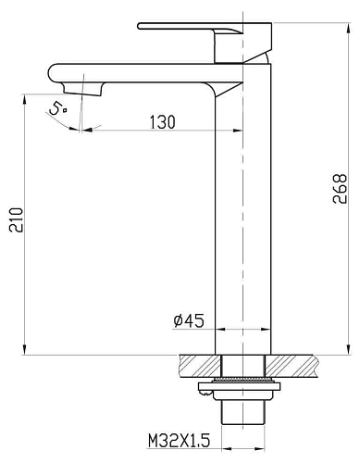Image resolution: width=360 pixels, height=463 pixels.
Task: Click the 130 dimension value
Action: pyautogui.click(x=163, y=121)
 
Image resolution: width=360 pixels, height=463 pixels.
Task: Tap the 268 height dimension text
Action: pyautogui.click(x=340, y=188)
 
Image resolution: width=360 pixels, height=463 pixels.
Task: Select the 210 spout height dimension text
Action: pyautogui.click(x=16, y=220)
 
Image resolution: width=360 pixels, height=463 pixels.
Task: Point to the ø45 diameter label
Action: pyautogui.click(x=189, y=320)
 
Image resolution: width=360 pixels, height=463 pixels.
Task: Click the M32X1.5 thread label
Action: pyautogui.click(x=179, y=441)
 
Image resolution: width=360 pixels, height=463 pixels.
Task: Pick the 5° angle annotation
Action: pyautogui.click(x=57, y=108)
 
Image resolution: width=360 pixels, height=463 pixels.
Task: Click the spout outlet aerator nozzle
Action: pyautogui.click(x=83, y=89)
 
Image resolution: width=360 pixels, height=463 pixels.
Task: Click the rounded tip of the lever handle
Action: pyautogui.click(x=139, y=26)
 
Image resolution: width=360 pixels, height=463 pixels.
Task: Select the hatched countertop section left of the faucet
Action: pyautogui.click(x=200, y=366)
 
